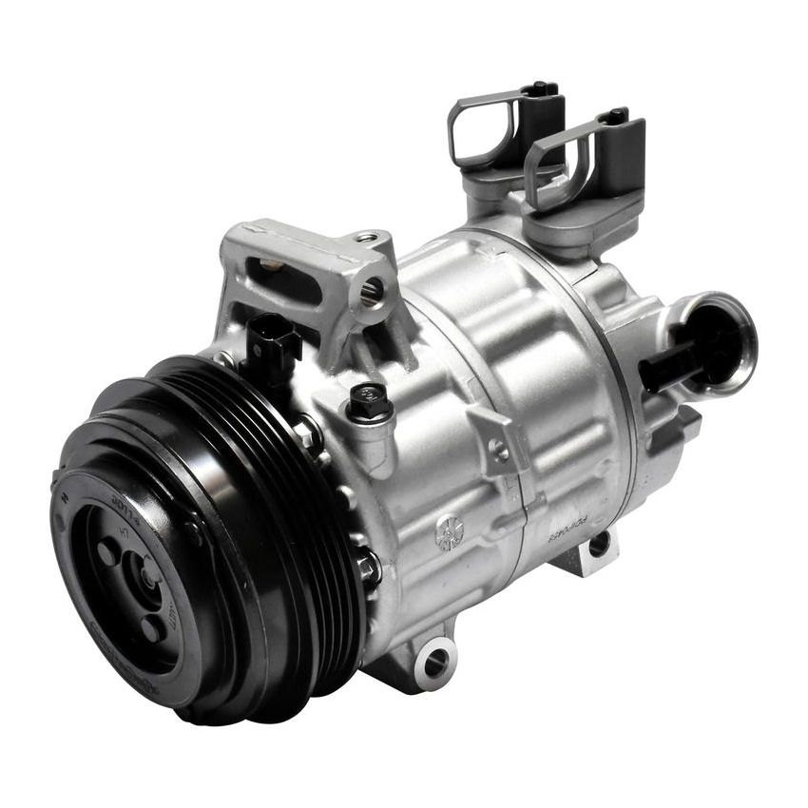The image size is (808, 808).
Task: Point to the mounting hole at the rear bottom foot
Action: point(598,545)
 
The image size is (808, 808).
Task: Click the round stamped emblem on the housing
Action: point(449,532)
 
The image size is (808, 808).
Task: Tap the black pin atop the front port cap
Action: point(615,116)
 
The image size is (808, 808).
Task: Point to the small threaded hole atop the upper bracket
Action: point(365,238)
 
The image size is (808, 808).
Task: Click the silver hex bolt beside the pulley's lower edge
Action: point(366,568)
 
